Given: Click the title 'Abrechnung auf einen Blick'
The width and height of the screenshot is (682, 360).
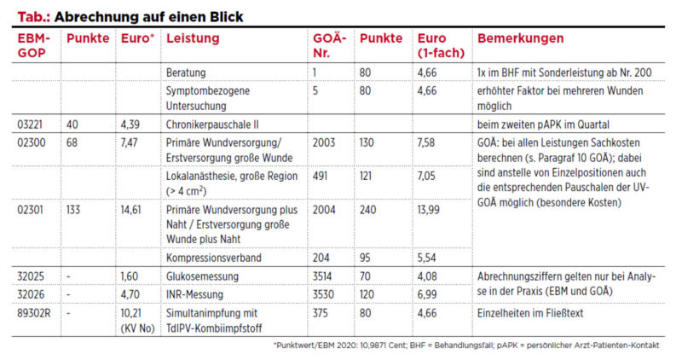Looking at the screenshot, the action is [148, 16].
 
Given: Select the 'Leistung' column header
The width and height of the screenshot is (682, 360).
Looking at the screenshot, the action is [193, 38].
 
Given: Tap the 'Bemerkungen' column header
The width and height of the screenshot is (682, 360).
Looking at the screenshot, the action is [520, 38].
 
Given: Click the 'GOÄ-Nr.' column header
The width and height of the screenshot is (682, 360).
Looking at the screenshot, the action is [329, 45].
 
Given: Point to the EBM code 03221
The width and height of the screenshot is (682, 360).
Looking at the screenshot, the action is [30, 125].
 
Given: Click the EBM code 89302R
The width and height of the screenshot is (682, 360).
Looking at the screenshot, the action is [34, 313].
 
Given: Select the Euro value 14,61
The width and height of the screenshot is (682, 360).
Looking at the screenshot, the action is [131, 210].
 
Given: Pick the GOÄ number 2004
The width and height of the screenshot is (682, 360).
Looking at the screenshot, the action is [324, 210].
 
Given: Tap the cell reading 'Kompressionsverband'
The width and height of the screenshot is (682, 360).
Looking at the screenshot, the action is [214, 258].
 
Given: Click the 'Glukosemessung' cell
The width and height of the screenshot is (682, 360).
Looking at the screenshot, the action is [202, 276].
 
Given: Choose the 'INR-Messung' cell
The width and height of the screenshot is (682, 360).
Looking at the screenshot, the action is [194, 294].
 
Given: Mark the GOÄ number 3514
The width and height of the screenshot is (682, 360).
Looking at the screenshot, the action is [322, 276].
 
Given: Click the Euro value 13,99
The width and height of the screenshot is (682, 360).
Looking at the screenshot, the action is [429, 210].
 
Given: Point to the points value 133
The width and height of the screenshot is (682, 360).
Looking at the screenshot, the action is [73, 210].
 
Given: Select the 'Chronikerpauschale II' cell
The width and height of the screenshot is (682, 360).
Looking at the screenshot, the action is [212, 125].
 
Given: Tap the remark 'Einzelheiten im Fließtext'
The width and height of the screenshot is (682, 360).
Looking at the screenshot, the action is [530, 313].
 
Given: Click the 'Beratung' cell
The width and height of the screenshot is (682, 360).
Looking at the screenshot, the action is [186, 73].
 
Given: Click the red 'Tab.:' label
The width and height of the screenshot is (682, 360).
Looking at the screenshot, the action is [34, 16].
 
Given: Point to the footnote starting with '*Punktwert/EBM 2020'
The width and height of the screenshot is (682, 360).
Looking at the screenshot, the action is [466, 345].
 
